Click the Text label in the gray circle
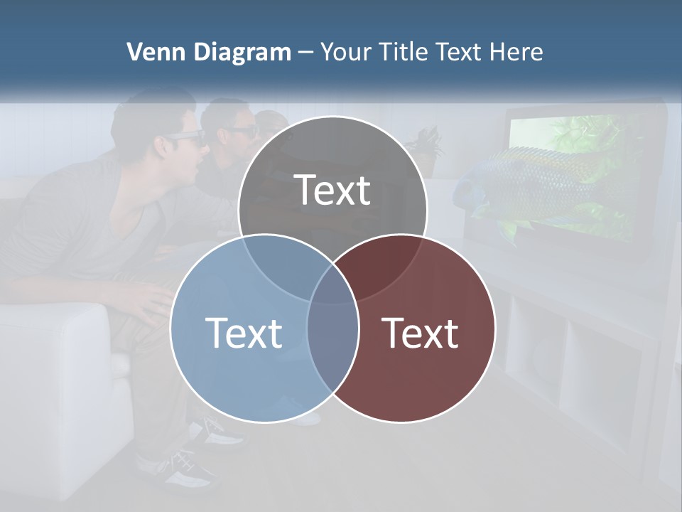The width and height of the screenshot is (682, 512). (332, 190)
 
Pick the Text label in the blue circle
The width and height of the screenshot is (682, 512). (244, 332)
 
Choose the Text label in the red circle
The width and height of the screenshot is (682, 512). (421, 332)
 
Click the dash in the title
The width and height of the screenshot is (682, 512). (306, 52)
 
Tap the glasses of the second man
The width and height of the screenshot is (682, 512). (240, 132)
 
